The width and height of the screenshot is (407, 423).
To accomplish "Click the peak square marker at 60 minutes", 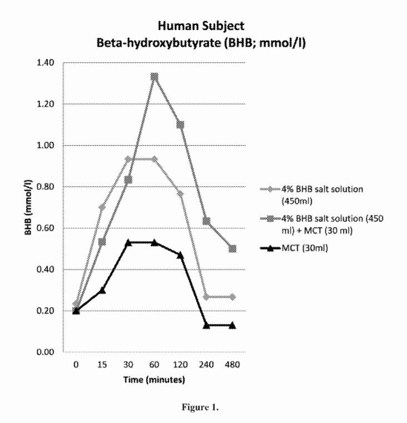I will pos(155,77).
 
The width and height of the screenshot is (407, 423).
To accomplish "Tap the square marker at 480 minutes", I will pos(232,248).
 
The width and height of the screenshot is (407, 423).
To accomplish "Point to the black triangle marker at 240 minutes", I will pos(206,325).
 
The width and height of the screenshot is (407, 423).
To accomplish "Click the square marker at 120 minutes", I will pos(180,125).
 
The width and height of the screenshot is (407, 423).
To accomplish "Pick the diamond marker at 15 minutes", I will pos(102,207).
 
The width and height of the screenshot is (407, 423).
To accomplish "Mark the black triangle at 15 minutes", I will pos(102,290).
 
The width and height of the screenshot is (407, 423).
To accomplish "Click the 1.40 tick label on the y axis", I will pos(47,62).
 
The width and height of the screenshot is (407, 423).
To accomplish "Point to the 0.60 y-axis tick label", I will pos(47,228).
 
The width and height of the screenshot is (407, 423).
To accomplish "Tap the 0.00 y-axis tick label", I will pos(47,352).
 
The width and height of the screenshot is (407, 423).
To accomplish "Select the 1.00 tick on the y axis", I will pos(47,145).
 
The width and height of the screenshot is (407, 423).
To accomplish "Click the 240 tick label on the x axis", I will pos(206,366).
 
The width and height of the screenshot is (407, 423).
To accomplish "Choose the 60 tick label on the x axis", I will pos(155,366).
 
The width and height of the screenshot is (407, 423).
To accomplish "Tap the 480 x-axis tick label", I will pos(232,366).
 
